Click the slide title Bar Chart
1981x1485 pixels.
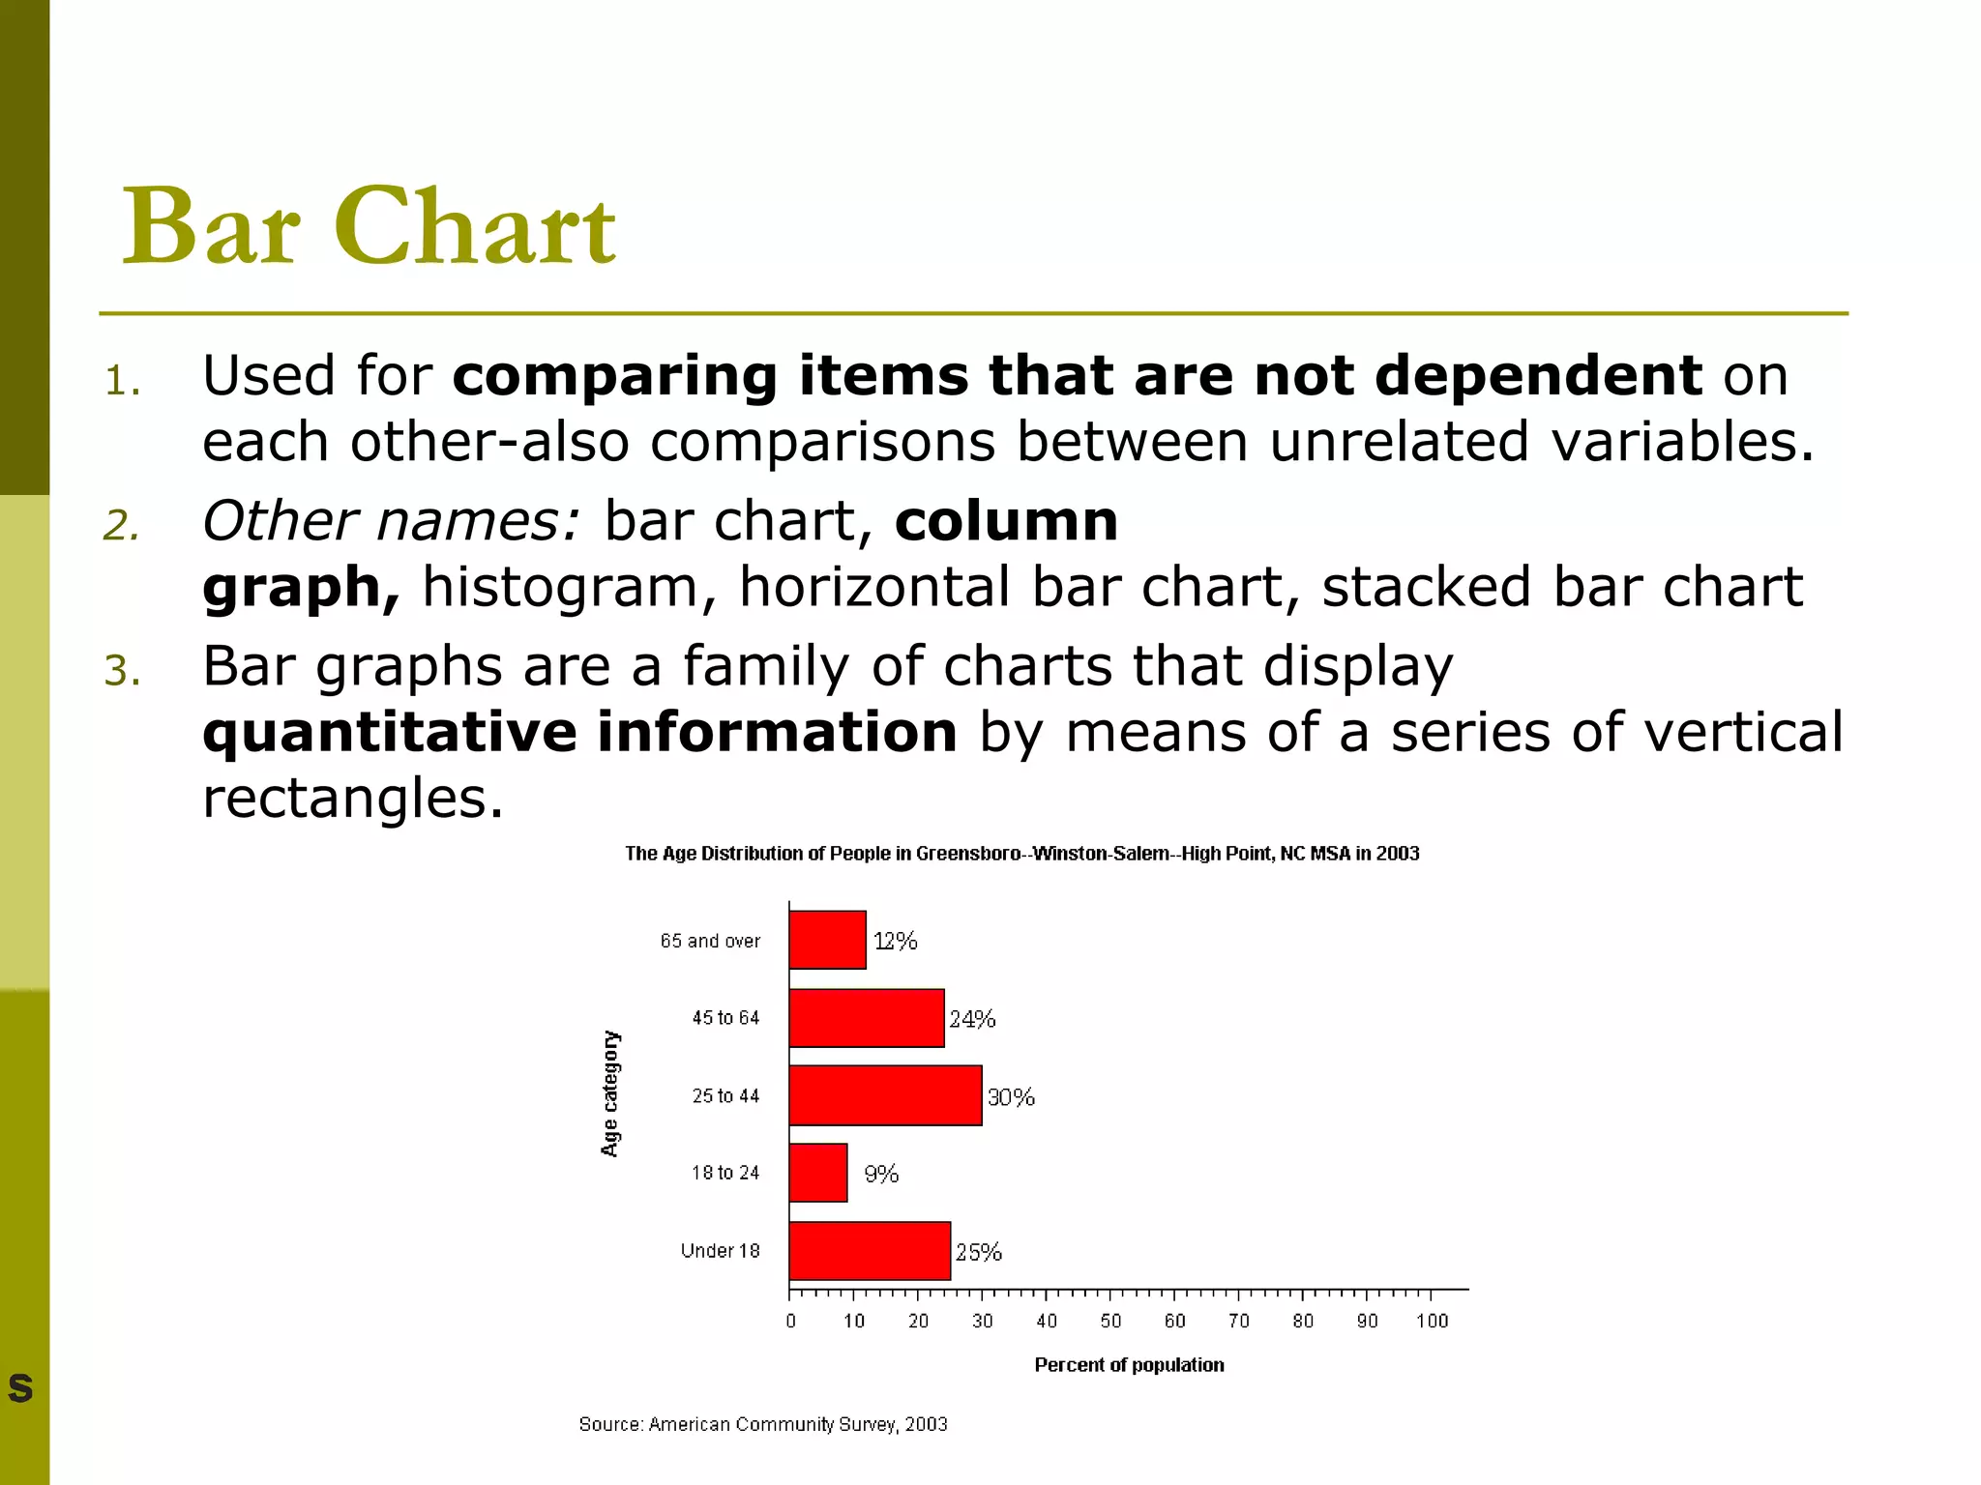click(368, 227)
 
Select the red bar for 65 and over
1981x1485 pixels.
click(827, 940)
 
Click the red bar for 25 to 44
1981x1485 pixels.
click(885, 1095)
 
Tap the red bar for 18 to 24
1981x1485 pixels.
click(818, 1173)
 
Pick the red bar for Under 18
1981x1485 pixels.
click(870, 1251)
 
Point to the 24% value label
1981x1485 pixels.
click(972, 1019)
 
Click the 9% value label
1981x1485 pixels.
click(881, 1174)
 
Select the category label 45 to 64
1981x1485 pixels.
click(725, 1018)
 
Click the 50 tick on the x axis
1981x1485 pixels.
click(1110, 1321)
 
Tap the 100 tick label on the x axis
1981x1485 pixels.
click(1432, 1321)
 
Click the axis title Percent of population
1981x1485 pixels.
click(1129, 1365)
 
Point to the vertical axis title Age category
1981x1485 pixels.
click(609, 1093)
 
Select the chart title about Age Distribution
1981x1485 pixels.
click(1021, 854)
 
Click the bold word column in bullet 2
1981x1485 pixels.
click(1006, 521)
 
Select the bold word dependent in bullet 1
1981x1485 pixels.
click(1538, 375)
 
